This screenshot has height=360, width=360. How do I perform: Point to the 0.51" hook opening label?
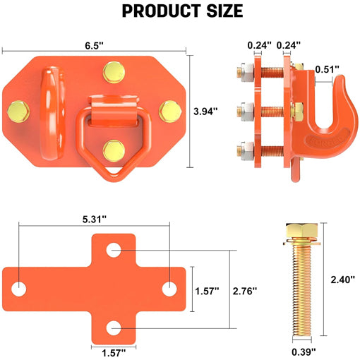coord(328,69)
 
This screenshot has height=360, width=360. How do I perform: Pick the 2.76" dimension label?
coord(245,290)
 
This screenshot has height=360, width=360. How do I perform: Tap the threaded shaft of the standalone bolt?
coord(304,296)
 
